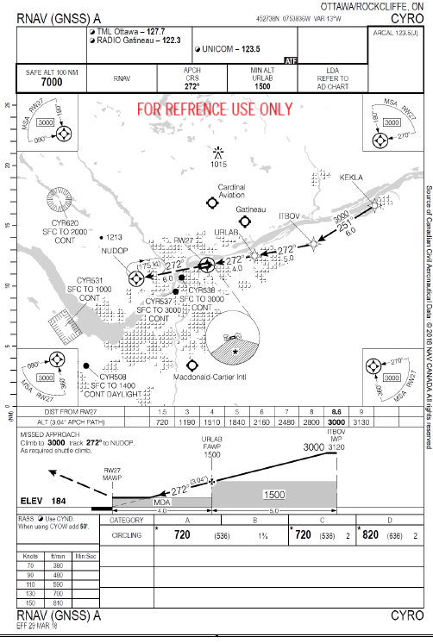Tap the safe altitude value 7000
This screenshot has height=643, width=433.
click(52, 83)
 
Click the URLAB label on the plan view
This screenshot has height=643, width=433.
click(250, 234)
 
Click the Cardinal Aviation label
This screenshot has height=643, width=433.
click(232, 190)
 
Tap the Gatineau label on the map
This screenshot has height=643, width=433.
click(251, 210)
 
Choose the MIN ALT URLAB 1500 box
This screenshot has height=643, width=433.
click(268, 78)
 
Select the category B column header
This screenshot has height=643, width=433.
click(254, 521)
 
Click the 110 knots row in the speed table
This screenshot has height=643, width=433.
click(32, 584)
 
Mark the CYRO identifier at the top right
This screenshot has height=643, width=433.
click(406, 16)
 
